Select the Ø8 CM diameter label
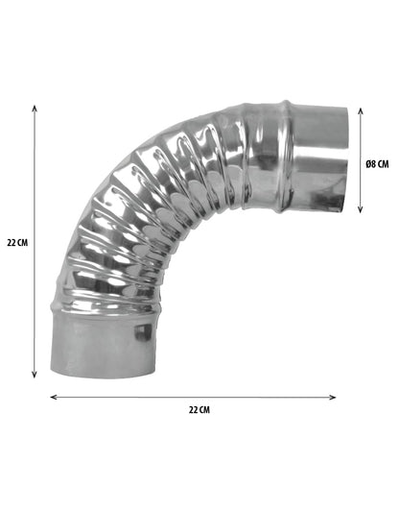click(378, 163)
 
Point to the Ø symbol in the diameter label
click(368, 163)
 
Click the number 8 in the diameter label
click(375, 163)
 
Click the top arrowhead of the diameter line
click(361, 109)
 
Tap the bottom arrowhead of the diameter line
click(361, 209)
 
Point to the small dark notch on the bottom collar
click(145, 331)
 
